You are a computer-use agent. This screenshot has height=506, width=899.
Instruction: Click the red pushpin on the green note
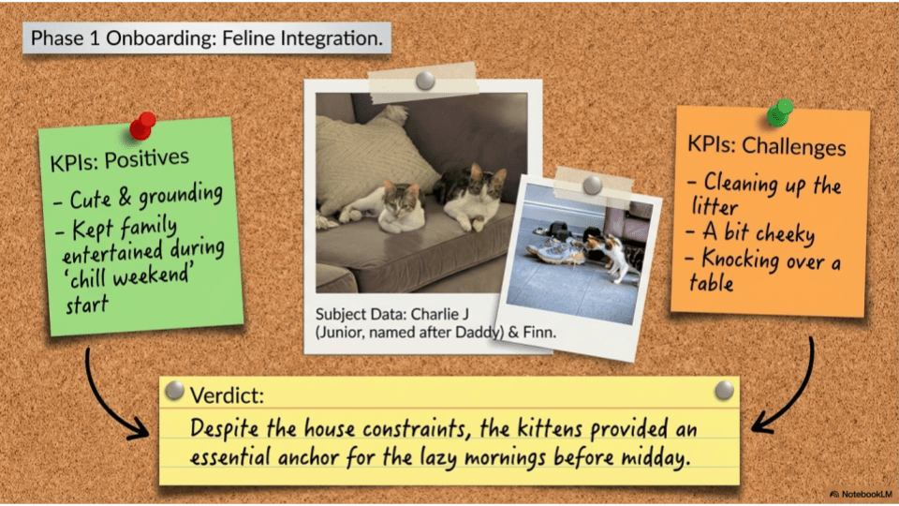[x=142, y=126]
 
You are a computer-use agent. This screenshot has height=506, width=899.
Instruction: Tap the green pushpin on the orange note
[x=780, y=112]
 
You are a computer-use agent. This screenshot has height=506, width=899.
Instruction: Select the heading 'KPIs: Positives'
[x=119, y=160]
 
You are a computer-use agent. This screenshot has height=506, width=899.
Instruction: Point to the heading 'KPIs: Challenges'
[x=767, y=146]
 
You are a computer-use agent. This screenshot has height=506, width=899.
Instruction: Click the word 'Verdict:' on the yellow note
[x=227, y=395]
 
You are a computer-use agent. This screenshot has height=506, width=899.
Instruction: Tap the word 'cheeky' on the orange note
[x=786, y=233]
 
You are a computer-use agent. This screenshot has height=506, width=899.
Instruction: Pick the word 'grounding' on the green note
[x=180, y=195]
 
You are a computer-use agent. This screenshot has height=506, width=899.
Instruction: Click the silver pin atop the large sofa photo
[x=425, y=81]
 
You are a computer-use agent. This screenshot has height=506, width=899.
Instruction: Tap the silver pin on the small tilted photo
[x=592, y=185]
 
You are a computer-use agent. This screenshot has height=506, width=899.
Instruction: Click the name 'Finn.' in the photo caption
[x=539, y=332]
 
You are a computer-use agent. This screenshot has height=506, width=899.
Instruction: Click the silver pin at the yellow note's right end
[x=724, y=390]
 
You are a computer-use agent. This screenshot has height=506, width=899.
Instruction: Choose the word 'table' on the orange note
[x=711, y=283]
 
